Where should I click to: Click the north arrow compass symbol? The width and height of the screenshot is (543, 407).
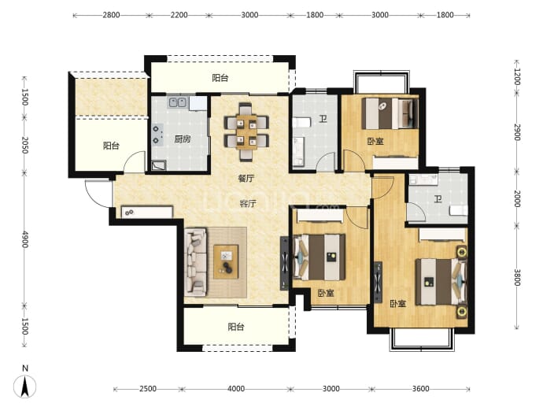click(x=25, y=387)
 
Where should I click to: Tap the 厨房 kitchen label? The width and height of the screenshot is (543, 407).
click(x=183, y=139)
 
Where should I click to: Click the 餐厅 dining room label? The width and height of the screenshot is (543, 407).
click(x=246, y=179)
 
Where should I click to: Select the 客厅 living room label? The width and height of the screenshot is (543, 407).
click(x=248, y=203)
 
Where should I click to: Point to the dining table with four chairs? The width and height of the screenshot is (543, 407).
click(x=246, y=131)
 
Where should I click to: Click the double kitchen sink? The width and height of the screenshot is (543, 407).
click(x=178, y=102)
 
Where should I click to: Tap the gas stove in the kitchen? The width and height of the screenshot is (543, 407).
click(x=157, y=135)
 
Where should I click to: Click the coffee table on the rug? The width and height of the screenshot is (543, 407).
click(x=226, y=262)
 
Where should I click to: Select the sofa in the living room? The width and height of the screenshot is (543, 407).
click(x=196, y=262)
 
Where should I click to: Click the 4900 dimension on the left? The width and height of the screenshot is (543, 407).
click(x=24, y=239)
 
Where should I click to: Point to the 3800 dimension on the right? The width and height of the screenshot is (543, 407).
click(x=517, y=277)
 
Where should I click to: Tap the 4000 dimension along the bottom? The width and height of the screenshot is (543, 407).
click(x=236, y=389)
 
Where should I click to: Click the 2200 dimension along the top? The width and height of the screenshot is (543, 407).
click(x=179, y=15)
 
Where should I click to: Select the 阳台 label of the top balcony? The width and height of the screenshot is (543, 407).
click(x=220, y=78)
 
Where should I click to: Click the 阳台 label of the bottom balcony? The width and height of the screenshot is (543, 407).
click(x=236, y=327)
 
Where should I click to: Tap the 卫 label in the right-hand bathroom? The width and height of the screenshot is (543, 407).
click(x=438, y=199)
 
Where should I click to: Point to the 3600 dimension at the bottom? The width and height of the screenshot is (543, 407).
click(x=421, y=389)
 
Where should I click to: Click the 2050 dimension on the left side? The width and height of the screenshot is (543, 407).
click(x=24, y=145)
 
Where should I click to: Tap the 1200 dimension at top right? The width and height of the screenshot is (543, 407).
click(x=517, y=76)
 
